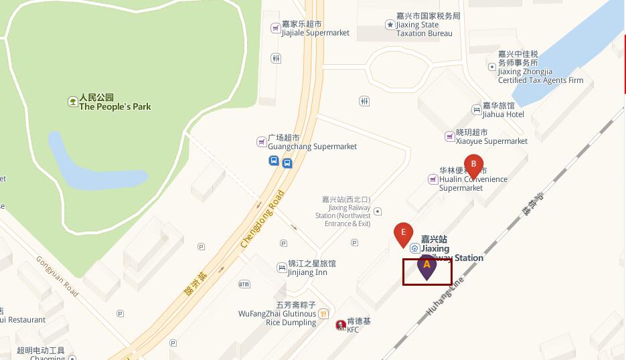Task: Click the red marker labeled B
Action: point(474,165)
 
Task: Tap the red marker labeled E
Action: point(403,234)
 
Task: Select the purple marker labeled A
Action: point(427,266)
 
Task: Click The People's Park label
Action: point(114,102)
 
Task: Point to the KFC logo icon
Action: point(340,325)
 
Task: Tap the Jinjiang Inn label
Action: point(307,268)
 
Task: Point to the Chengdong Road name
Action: point(262,219)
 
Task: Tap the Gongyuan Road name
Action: point(57,276)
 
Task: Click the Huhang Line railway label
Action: point(445,297)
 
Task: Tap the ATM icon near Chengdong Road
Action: point(244,284)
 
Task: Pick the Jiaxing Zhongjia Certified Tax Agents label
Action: point(540,67)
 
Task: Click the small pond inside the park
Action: point(94,164)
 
